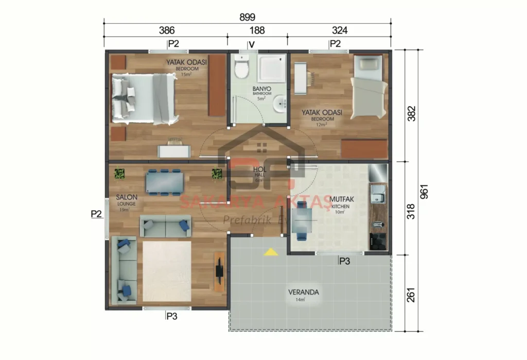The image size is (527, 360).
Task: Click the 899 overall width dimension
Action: tap(247, 16)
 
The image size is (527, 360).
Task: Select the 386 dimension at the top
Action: tap(166, 30)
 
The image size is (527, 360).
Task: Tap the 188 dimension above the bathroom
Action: tap(257, 30)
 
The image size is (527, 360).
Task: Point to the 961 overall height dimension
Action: tap(424, 191)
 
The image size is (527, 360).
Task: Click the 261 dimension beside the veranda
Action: tap(410, 293)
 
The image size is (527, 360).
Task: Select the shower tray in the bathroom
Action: tap(271, 68)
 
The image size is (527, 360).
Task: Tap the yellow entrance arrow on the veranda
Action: tap(271, 252)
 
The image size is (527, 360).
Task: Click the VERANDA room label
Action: tap(303, 292)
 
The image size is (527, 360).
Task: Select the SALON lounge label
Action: tap(126, 197)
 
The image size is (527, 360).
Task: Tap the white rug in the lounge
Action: tap(166, 271)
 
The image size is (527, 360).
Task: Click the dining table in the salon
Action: tap(164, 182)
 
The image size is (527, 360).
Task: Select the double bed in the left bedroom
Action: tap(144, 98)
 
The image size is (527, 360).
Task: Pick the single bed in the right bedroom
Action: tap(369, 87)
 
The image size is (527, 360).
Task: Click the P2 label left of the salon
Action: tap(96, 213)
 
